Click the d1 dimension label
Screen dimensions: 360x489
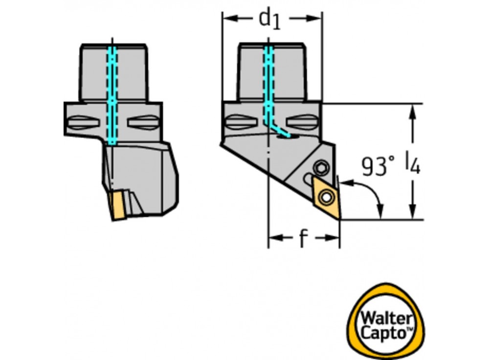[x=270, y=19]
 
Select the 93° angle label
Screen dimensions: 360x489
[x=378, y=167]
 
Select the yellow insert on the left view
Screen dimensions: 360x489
[x=117, y=206]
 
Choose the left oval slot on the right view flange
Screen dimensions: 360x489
[x=241, y=122]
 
